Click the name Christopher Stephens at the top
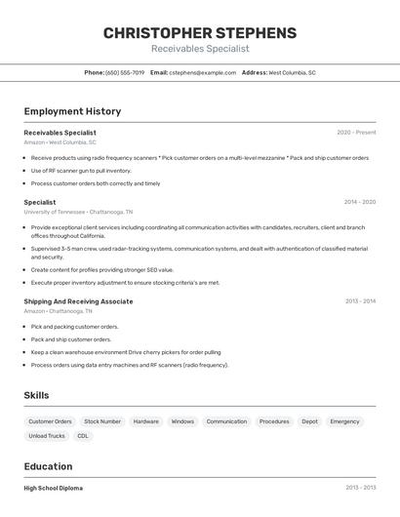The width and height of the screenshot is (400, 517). pyautogui.click(x=200, y=32)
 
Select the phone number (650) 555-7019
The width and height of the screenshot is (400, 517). pyautogui.click(x=125, y=72)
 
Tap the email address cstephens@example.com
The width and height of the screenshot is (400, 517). pyautogui.click(x=202, y=72)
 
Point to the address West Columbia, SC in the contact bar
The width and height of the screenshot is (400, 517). pyautogui.click(x=292, y=72)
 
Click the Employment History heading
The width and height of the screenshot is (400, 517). pyautogui.click(x=72, y=111)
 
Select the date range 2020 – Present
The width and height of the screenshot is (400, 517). pyautogui.click(x=356, y=132)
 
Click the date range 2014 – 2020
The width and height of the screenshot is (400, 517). pyautogui.click(x=360, y=202)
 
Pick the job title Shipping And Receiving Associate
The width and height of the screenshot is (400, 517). pyautogui.click(x=78, y=301)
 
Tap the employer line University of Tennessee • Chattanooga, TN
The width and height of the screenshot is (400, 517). pyautogui.click(x=78, y=212)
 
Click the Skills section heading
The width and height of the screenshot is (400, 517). pyautogui.click(x=37, y=395)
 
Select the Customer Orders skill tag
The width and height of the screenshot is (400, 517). pyautogui.click(x=49, y=421)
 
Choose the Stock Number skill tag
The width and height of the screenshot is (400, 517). pyautogui.click(x=102, y=421)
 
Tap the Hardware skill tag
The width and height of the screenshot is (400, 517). pyautogui.click(x=145, y=421)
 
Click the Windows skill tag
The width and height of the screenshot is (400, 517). pyautogui.click(x=182, y=421)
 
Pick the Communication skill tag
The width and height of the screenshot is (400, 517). pyautogui.click(x=226, y=421)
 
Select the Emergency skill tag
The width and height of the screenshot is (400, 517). pyautogui.click(x=344, y=421)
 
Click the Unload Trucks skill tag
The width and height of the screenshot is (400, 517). pyautogui.click(x=47, y=436)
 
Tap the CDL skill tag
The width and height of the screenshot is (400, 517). pyautogui.click(x=83, y=436)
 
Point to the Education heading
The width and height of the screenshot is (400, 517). pyautogui.click(x=48, y=466)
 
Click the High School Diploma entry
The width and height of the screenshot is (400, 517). pyautogui.click(x=54, y=488)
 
